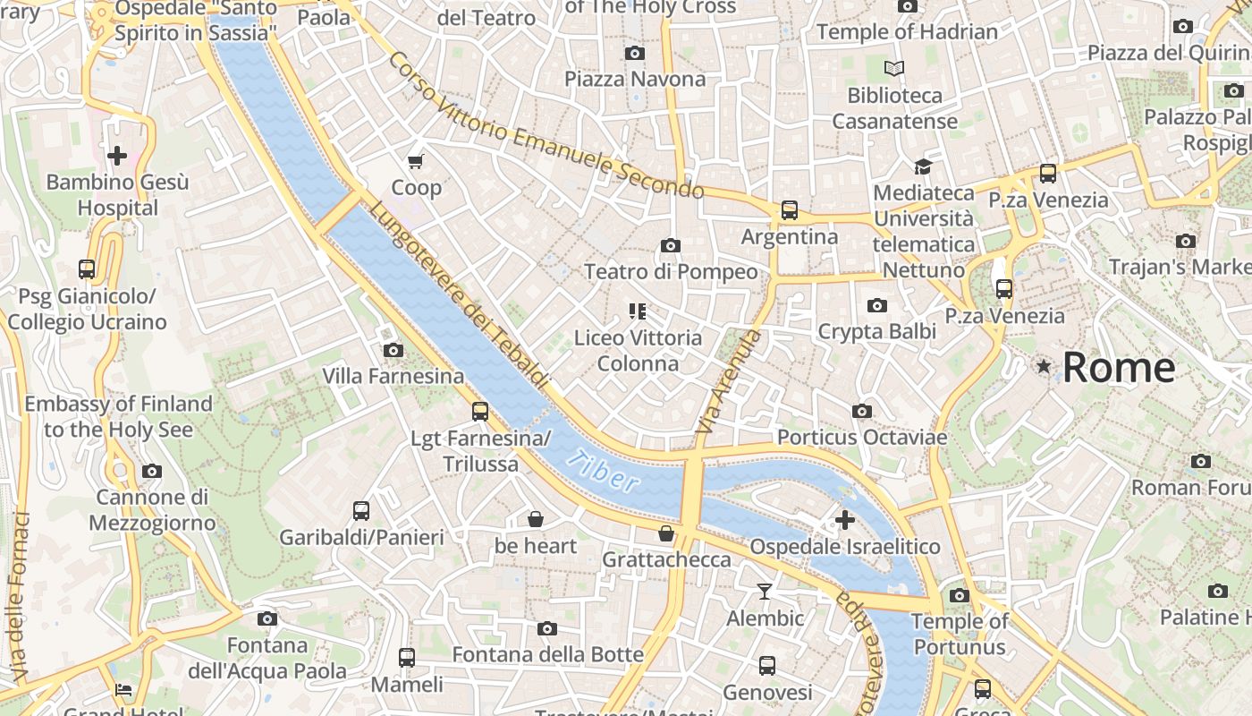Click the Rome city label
(1119, 368)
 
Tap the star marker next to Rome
(1044, 366)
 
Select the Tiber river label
(604, 472)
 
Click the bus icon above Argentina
(790, 210)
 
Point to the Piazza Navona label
(635, 79)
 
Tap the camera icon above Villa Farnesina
(393, 350)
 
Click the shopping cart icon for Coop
(415, 161)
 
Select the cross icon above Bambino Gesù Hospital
(116, 156)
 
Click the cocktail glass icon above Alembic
(765, 592)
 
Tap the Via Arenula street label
(730, 382)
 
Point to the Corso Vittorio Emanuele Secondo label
(546, 126)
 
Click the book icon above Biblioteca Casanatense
(894, 68)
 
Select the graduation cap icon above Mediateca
(923, 166)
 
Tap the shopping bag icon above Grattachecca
(666, 533)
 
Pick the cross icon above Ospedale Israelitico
(844, 519)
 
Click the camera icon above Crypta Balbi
(876, 305)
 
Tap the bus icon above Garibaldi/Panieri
(361, 511)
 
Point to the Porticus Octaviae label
(861, 438)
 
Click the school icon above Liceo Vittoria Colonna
(638, 311)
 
